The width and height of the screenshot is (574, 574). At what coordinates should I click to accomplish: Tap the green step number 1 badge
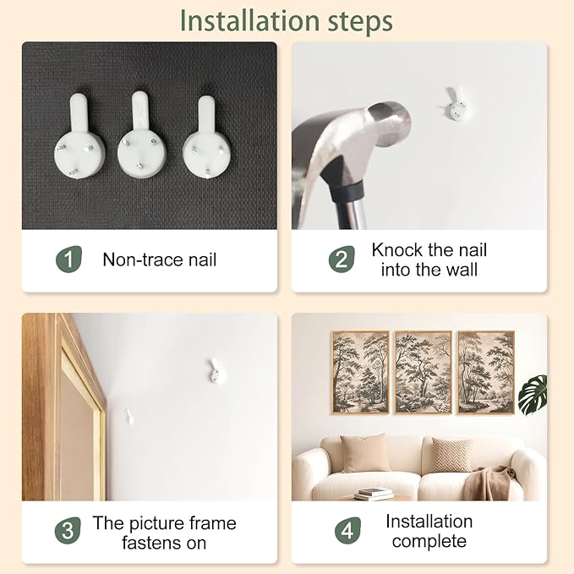68,260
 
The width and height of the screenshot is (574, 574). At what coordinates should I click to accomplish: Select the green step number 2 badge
342,260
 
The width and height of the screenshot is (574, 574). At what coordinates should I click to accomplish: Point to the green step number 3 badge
68,530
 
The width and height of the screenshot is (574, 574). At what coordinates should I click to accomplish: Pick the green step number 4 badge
347,530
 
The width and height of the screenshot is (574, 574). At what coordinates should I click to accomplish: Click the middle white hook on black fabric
142,136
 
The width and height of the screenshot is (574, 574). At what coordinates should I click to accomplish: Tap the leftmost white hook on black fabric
79,137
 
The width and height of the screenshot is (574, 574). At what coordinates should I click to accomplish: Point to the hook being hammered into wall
456,104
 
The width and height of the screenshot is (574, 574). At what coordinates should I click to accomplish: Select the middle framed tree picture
424,372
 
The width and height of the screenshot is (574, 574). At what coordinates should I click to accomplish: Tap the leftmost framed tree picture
360,372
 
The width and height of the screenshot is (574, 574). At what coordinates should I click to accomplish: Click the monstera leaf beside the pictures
533,395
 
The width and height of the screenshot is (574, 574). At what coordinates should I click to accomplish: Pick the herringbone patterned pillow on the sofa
451,455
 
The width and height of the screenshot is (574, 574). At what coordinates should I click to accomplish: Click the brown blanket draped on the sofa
487,484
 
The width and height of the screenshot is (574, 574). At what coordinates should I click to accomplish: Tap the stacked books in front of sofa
374,494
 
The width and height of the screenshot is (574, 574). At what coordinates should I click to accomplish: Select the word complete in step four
429,541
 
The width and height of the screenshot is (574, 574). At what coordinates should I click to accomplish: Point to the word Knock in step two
397,250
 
